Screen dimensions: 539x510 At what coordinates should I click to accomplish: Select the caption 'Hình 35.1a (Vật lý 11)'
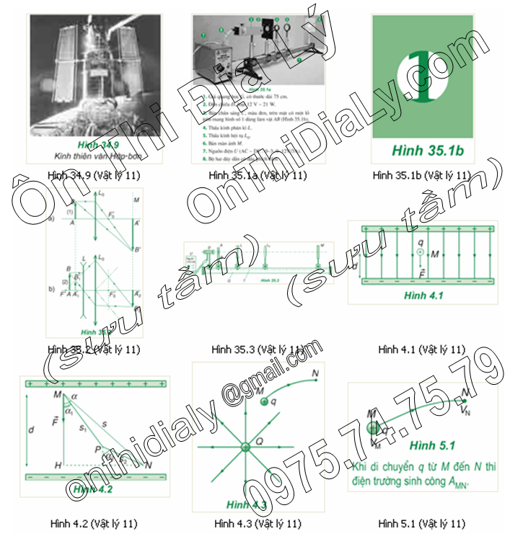(x=258, y=174)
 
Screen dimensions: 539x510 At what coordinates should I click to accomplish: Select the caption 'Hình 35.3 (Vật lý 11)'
(x=258, y=349)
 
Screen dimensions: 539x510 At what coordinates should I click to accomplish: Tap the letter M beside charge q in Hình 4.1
(x=435, y=254)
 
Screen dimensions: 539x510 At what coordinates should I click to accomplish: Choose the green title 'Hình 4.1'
(x=423, y=295)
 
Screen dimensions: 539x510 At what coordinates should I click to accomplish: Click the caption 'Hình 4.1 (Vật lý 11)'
(x=422, y=349)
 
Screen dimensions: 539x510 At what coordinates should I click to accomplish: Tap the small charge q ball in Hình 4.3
(x=264, y=401)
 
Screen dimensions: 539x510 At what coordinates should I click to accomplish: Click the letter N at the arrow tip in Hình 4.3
(x=315, y=373)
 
